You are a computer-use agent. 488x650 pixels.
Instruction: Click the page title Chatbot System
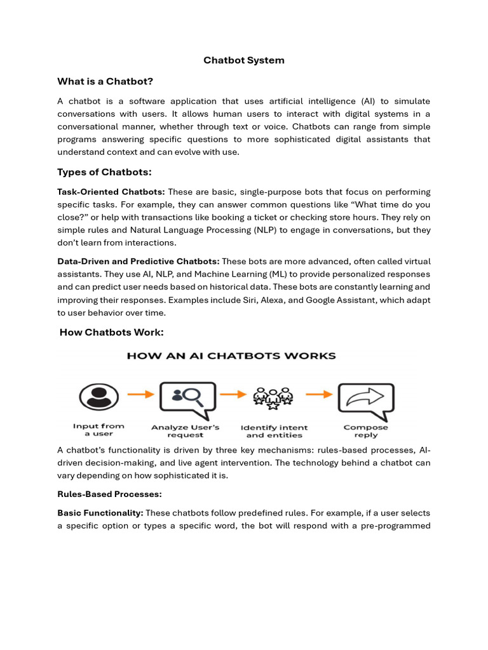click(x=244, y=60)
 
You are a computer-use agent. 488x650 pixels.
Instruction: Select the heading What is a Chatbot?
click(x=105, y=81)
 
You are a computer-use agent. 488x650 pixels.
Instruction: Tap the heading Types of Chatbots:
click(x=104, y=172)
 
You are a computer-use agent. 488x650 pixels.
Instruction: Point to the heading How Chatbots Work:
click(x=111, y=332)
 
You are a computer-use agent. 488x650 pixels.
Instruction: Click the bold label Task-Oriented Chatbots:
click(x=111, y=192)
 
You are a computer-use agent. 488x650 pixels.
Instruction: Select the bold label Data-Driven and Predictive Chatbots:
click(x=139, y=262)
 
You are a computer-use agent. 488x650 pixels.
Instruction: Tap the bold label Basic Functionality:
click(x=100, y=512)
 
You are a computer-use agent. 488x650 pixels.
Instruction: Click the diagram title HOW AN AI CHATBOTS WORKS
click(x=231, y=356)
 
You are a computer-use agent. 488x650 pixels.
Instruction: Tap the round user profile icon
click(x=98, y=397)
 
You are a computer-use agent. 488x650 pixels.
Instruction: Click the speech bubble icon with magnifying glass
click(x=187, y=397)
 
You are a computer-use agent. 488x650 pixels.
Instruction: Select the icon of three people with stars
click(x=273, y=397)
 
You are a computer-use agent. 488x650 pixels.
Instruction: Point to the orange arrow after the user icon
click(x=141, y=394)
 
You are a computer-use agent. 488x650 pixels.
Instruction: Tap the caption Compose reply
click(x=365, y=431)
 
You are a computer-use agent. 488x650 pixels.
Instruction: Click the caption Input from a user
click(x=98, y=430)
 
